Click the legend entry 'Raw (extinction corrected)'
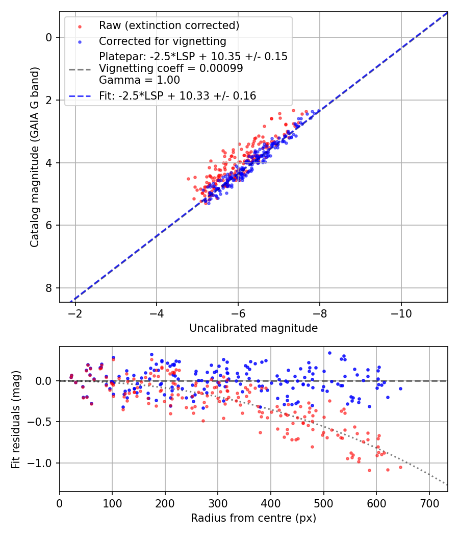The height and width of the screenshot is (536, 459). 169,26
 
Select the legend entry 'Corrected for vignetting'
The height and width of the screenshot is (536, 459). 162,41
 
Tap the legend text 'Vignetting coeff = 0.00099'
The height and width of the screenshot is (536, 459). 171,68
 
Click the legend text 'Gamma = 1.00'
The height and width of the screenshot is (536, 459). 139,80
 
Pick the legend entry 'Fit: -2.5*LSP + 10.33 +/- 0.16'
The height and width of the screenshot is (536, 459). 177,95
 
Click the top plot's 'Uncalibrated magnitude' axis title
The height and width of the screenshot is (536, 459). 253,328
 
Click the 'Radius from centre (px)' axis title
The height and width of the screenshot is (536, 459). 253,518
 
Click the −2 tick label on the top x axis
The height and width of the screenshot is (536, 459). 75,312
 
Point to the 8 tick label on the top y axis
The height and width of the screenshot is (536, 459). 49,288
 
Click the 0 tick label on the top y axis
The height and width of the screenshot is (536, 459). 49,37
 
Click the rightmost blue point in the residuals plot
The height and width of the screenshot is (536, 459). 400,388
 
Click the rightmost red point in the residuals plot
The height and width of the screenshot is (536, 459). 400,467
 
